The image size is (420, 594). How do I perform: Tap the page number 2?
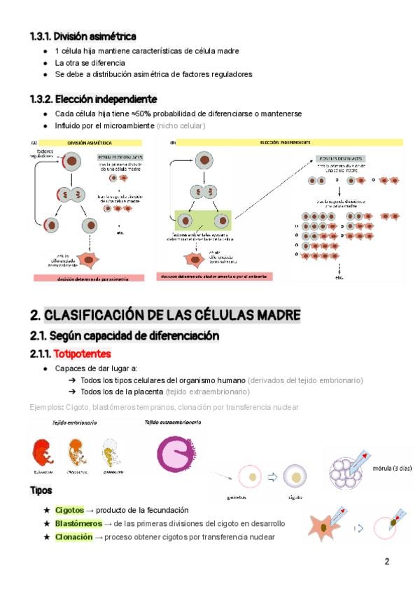coord(386,561)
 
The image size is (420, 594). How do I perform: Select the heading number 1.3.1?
coord(41,36)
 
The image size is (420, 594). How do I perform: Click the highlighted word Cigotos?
coord(69,510)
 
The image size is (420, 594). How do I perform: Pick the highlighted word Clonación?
coord(73,537)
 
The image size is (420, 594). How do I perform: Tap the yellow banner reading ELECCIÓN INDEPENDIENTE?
coord(285,142)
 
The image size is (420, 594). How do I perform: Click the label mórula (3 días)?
coord(391,469)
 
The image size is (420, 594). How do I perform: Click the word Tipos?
coord(41,490)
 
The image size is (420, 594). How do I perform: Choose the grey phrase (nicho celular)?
coord(181,126)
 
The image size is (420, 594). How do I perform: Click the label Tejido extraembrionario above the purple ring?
coord(173,423)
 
